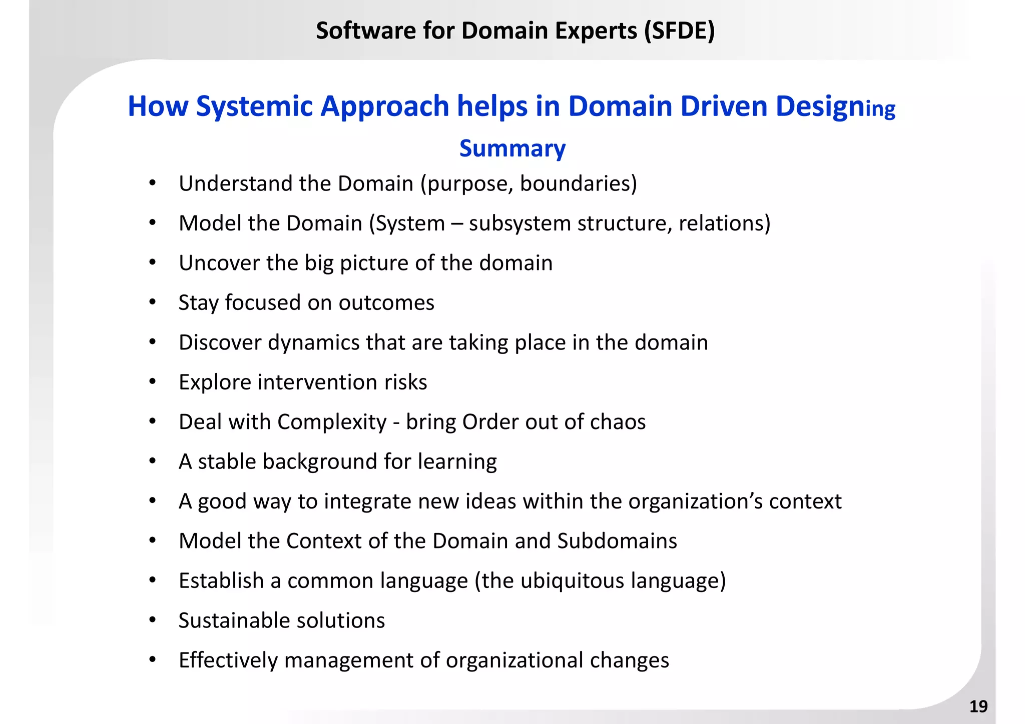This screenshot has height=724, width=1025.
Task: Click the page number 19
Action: (978, 706)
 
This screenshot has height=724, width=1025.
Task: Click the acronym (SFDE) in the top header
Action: (679, 31)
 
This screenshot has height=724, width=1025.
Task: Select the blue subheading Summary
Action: (512, 148)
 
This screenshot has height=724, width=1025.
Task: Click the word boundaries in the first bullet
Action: (578, 183)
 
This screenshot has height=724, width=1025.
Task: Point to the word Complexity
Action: (332, 422)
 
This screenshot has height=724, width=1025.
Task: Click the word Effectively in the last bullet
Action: (228, 660)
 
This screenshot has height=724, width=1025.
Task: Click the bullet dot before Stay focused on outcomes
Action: (153, 302)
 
